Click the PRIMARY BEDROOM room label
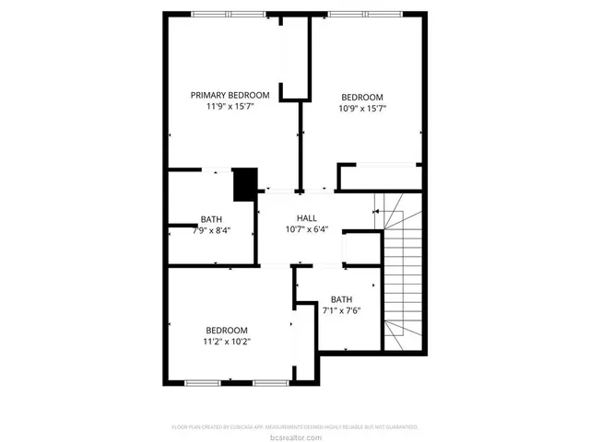pos(230,95)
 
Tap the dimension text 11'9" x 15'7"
pos(230,107)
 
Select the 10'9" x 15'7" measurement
pos(362,109)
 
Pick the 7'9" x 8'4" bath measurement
pos(211,230)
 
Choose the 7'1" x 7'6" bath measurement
pos(341,310)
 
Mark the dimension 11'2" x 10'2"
pos(227,342)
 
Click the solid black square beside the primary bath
pos(244,183)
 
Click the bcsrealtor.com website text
pos(295,436)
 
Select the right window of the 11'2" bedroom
pos(271,382)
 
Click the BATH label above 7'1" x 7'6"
pos(341,298)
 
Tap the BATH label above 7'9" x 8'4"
pos(211,219)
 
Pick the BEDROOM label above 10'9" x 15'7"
pos(362,97)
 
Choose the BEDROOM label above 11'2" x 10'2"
pos(227,330)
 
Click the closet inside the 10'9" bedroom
pos(381,177)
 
